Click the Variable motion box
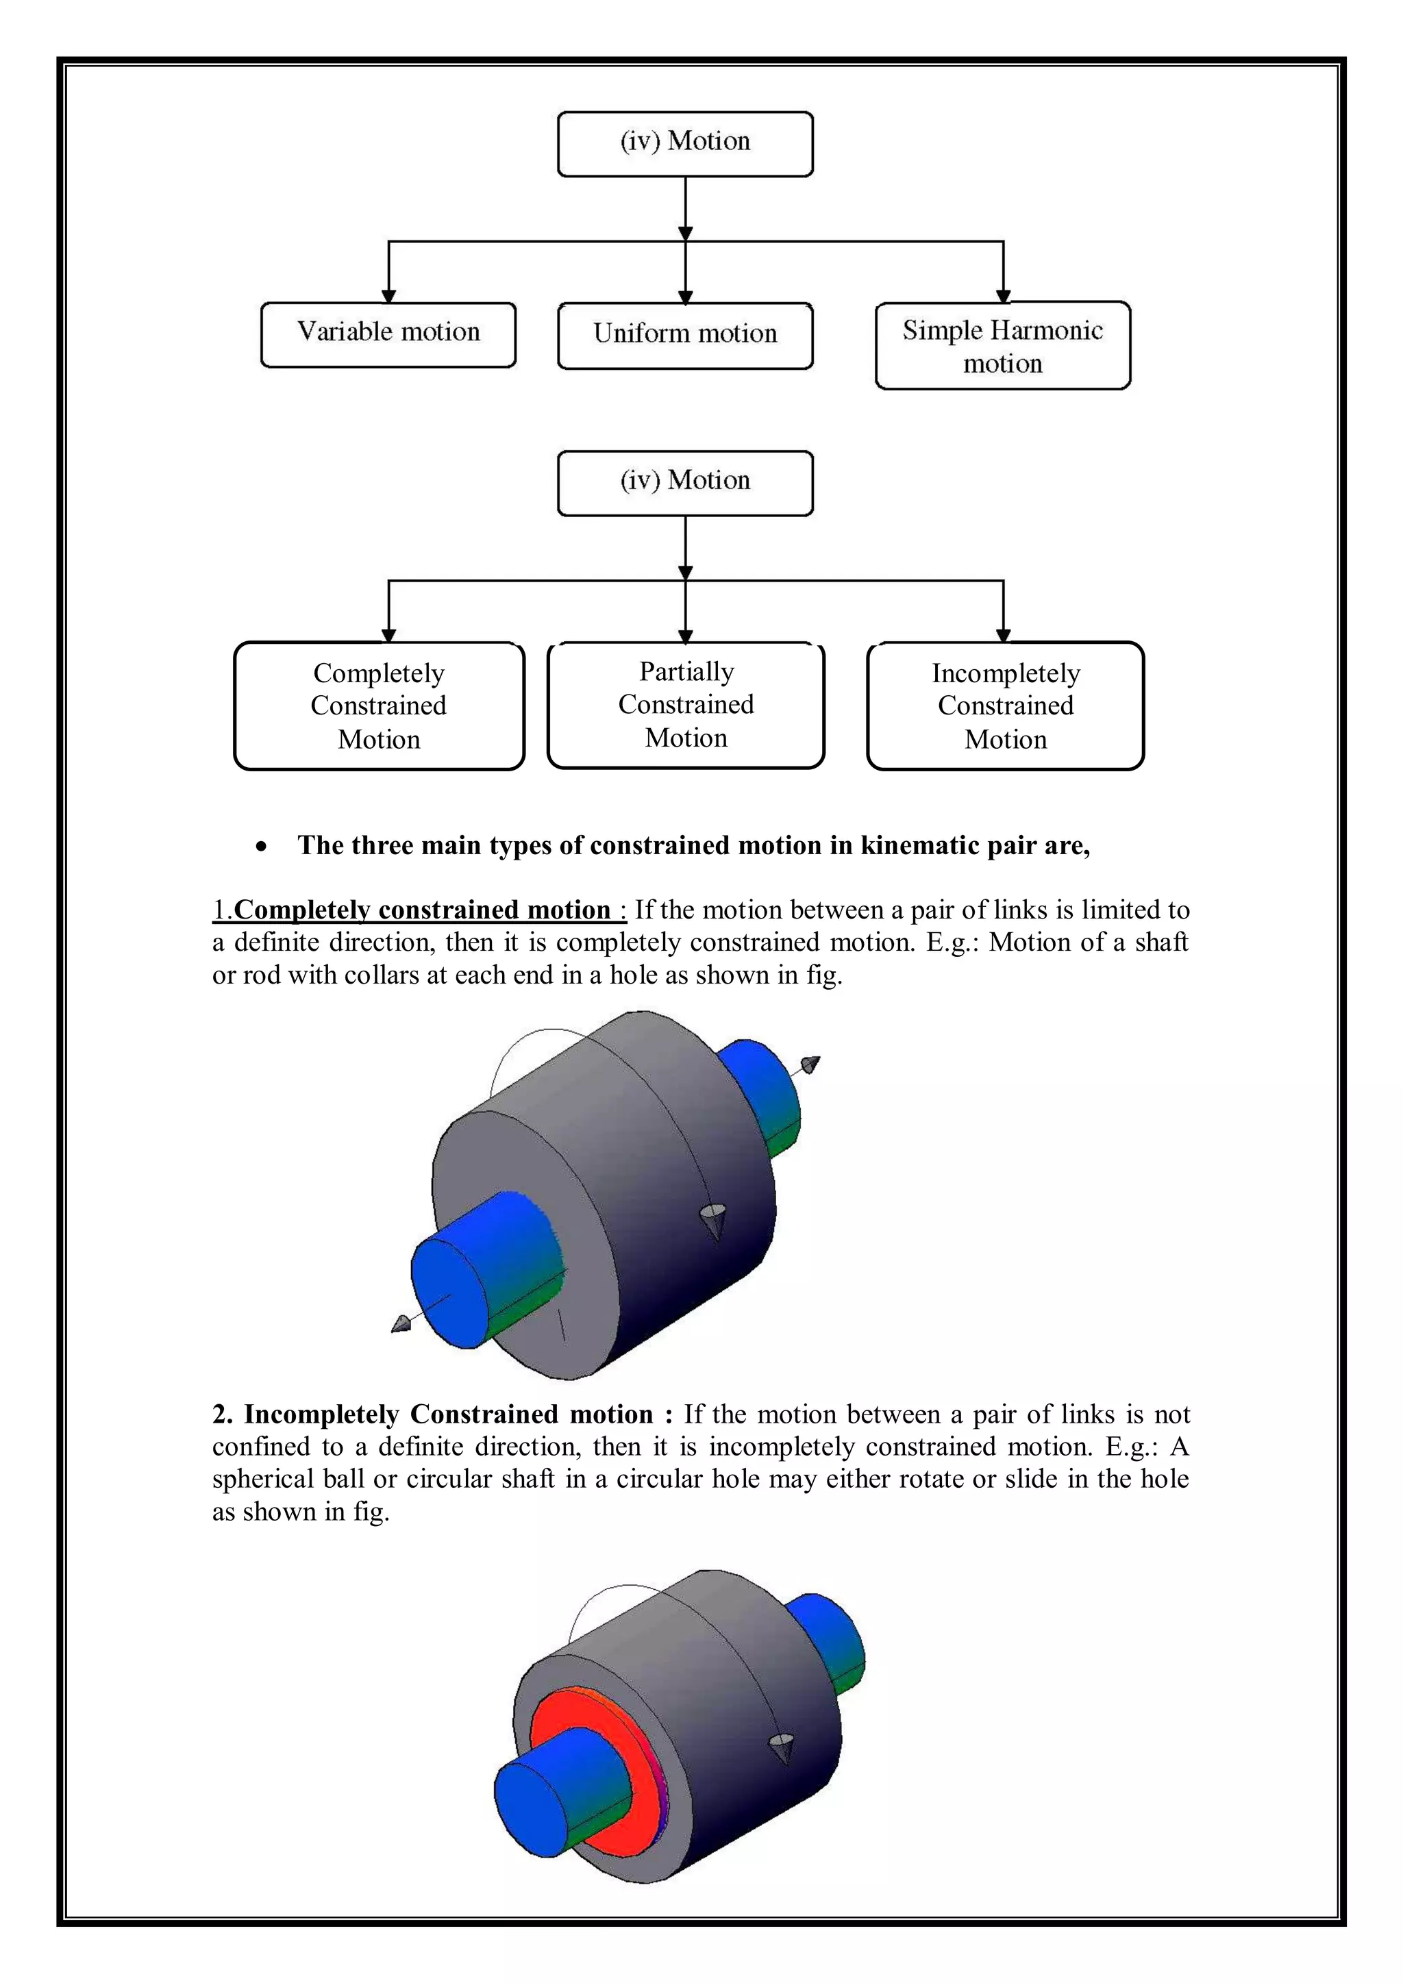388,334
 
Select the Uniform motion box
685,335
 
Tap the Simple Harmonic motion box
1002,345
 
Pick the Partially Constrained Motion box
686,705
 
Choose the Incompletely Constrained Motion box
1005,706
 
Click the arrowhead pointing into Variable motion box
388,295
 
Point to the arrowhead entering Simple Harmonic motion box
1003,295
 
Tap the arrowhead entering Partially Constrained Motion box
686,636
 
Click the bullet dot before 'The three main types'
261,847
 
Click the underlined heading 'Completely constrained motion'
423,910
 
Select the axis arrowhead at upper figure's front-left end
401,1324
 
